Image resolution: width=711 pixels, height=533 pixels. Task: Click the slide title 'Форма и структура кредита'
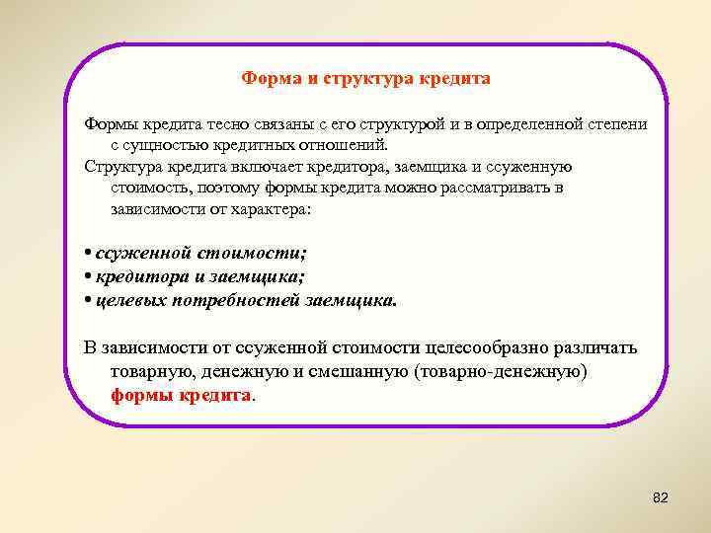(366, 78)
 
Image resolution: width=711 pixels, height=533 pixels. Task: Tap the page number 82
(661, 498)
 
